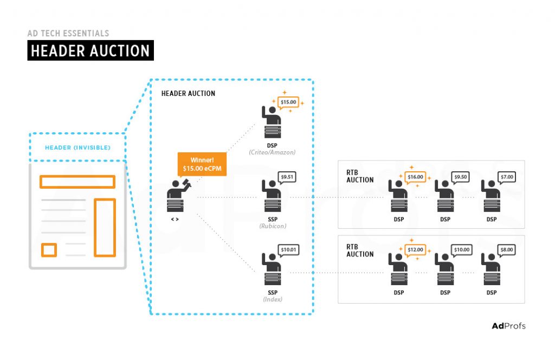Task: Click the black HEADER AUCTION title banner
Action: tap(91, 51)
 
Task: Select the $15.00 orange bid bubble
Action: tap(288, 102)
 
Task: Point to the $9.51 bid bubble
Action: tap(287, 176)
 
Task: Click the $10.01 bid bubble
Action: tap(288, 250)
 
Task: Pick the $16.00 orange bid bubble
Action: tap(415, 176)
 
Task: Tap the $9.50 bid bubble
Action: tap(461, 176)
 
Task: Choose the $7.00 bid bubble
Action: tap(507, 176)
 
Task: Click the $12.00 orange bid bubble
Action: tap(415, 249)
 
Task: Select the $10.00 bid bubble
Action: tap(461, 249)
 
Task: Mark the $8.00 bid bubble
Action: tap(507, 249)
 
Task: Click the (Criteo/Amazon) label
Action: tap(272, 152)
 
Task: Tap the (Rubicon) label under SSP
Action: tap(272, 226)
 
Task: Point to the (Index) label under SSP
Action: tap(273, 299)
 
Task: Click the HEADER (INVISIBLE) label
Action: tap(78, 147)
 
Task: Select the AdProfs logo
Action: tap(508, 326)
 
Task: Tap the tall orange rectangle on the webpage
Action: tap(105, 227)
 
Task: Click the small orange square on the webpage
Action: tap(49, 250)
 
